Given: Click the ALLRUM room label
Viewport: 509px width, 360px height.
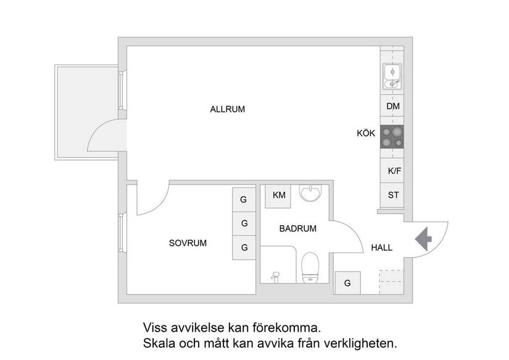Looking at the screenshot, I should click(227, 109).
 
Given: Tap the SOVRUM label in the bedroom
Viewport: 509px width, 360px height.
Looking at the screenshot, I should click(188, 243).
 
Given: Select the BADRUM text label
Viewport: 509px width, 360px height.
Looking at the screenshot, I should click(297, 228).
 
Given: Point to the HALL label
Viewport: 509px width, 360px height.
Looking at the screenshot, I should click(381, 248).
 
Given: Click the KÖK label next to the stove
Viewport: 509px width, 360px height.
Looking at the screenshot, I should click(365, 133).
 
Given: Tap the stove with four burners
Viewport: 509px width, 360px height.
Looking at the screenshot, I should click(392, 136).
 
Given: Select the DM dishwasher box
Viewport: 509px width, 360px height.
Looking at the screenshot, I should click(392, 106).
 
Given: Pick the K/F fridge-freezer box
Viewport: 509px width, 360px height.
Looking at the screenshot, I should click(392, 170).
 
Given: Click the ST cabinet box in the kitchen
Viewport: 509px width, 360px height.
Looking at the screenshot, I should click(392, 196).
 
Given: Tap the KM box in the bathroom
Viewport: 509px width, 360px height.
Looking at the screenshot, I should click(279, 196).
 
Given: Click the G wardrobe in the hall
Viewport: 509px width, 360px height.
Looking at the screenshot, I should click(347, 283).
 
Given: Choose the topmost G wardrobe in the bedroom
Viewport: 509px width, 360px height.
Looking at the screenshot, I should click(244, 200).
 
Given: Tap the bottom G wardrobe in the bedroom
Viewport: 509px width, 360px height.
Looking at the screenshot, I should click(244, 248).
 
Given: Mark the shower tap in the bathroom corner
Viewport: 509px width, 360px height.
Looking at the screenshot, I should click(276, 275).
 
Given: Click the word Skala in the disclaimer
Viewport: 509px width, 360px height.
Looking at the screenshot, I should click(159, 342).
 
